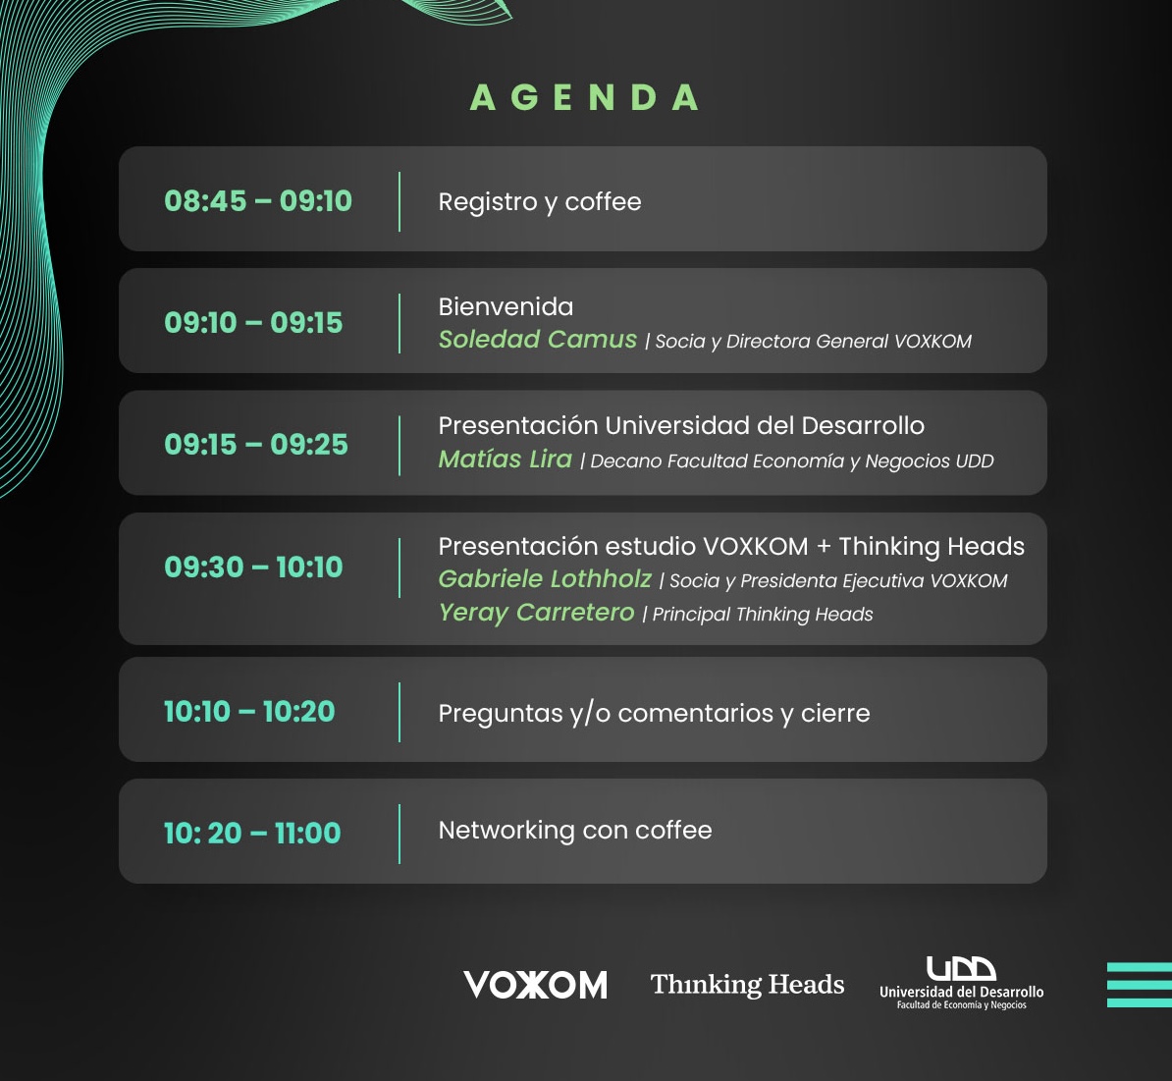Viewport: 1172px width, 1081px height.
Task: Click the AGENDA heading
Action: point(584,97)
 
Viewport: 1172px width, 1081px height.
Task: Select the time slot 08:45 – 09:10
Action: point(258,200)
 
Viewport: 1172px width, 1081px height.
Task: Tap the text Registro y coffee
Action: point(540,202)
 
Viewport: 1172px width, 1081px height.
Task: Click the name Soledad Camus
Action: point(538,340)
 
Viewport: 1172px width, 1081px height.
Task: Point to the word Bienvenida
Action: point(506,306)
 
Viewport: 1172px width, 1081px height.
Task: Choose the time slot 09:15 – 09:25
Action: point(256,444)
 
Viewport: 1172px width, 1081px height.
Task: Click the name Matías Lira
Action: point(506,459)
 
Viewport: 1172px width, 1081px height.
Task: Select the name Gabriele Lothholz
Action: point(545,578)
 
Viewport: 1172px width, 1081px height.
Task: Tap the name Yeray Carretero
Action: point(537,613)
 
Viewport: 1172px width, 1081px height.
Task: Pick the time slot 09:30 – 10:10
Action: point(253,567)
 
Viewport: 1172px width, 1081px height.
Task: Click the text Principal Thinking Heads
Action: point(763,615)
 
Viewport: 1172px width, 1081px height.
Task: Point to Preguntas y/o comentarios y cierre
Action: point(654,713)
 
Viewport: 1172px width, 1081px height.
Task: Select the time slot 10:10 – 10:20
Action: point(249,711)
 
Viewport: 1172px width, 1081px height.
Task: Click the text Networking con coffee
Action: point(575,830)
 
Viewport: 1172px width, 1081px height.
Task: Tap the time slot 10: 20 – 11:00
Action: point(252,833)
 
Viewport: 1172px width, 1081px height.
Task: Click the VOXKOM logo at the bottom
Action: point(535,985)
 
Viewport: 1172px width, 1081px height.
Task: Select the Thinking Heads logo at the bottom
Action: point(747,984)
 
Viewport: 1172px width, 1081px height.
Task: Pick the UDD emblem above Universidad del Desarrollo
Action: point(961,968)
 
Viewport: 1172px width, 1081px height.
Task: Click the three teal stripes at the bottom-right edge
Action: point(1139,985)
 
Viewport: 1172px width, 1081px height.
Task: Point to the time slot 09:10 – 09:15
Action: point(253,322)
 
